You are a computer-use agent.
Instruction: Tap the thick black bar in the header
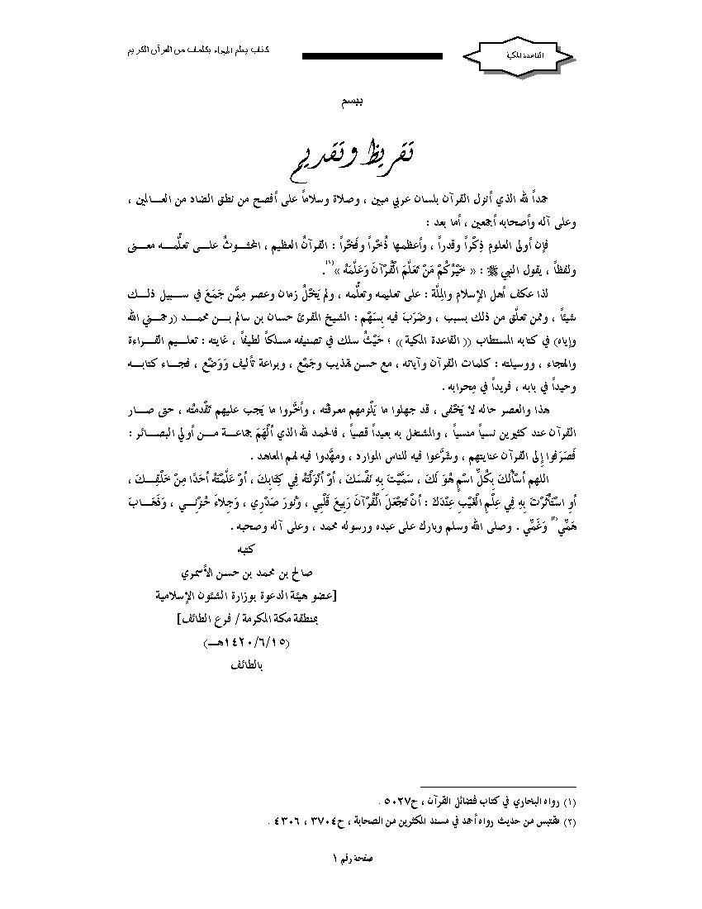(372, 56)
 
